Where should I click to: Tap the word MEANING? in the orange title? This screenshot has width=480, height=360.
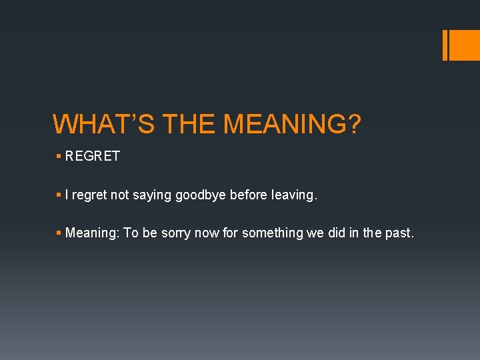[x=292, y=124]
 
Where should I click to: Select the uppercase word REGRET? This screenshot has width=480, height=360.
[x=93, y=156]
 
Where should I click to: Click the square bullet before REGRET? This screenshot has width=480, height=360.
[x=59, y=156]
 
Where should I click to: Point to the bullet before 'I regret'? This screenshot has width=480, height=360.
[x=59, y=195]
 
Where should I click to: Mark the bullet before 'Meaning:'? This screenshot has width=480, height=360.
[x=59, y=233]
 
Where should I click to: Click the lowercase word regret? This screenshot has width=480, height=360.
[x=90, y=195]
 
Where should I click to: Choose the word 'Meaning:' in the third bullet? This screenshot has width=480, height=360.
[x=93, y=233]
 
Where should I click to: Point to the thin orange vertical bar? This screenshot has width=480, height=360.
[x=445, y=45]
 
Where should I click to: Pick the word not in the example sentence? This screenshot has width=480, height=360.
[x=120, y=195]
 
